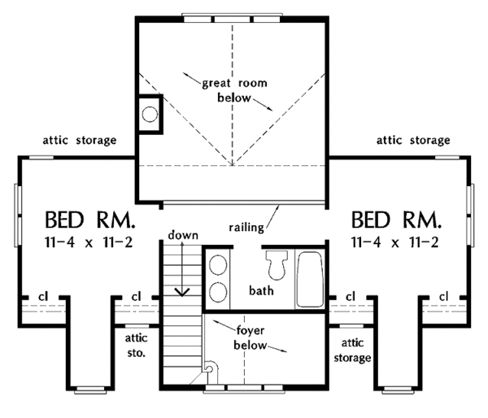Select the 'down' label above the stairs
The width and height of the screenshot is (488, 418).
pos(184,235)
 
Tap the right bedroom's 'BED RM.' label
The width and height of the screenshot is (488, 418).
pos(397,220)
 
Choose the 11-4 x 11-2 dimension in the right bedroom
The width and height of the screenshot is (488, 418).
pos(397,242)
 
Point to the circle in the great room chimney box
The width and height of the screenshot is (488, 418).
pos(149,115)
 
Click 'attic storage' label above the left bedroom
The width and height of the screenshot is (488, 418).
pos(79,140)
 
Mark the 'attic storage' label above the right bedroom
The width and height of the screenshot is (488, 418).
pos(412,140)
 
